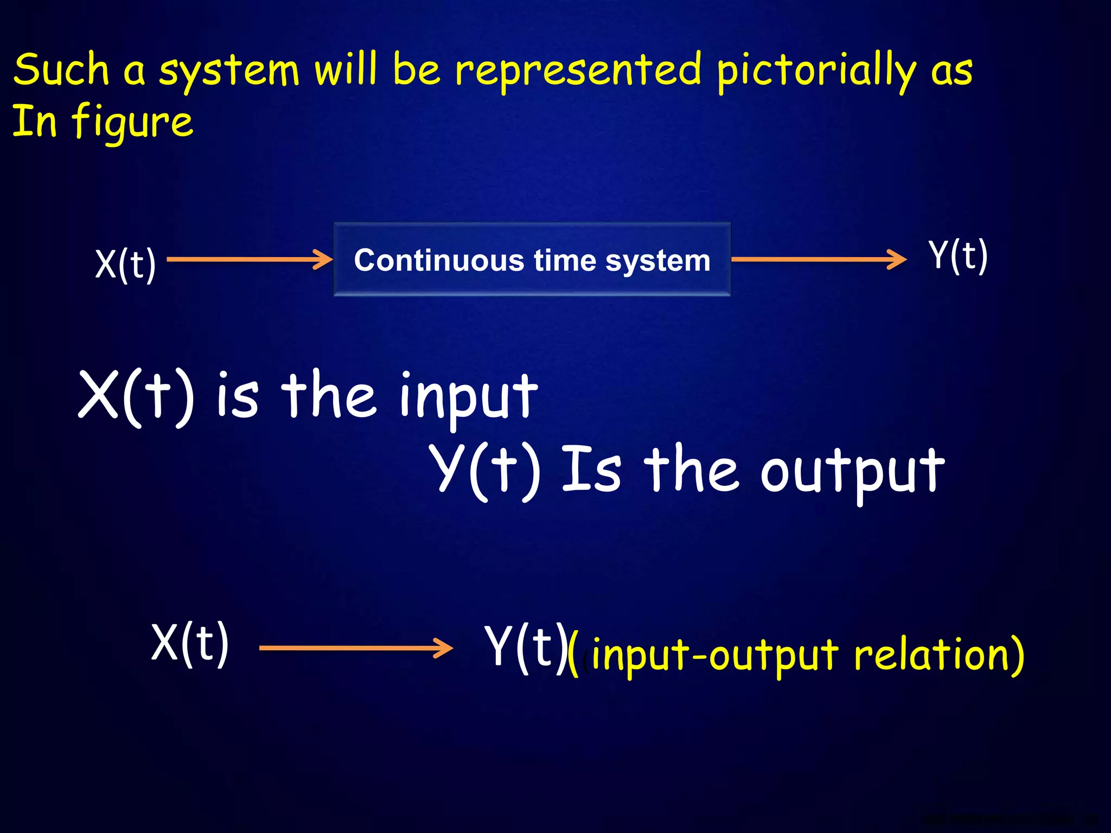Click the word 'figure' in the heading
[x=132, y=123]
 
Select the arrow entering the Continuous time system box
[x=250, y=259]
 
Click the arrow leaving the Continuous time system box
[x=819, y=259]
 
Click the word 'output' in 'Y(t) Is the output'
[x=852, y=471]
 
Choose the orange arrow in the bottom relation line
[x=356, y=648]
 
